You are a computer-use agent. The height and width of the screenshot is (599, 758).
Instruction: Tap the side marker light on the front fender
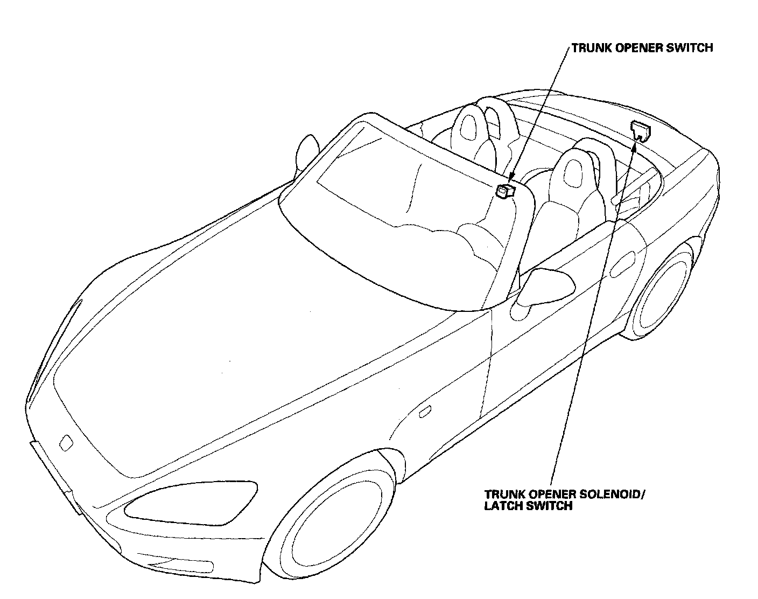coord(424,413)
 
